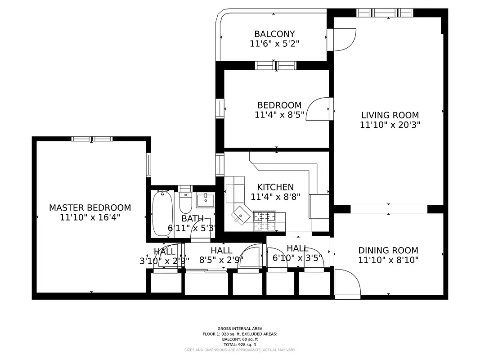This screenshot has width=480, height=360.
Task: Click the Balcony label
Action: pyautogui.click(x=274, y=34)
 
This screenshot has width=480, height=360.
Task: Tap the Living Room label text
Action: pyautogui.click(x=390, y=115)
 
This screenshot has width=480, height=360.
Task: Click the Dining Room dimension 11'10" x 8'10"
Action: pyautogui.click(x=388, y=260)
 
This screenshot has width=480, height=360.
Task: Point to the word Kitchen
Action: pyautogui.click(x=275, y=187)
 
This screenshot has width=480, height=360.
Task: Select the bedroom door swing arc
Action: pyautogui.click(x=318, y=109)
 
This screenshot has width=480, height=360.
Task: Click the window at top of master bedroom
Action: pyautogui.click(x=92, y=139)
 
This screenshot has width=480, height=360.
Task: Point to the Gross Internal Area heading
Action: pyautogui.click(x=240, y=328)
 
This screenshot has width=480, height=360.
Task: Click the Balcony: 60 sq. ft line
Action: pyautogui.click(x=240, y=339)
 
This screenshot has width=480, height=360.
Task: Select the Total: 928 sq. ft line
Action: pyautogui.click(x=240, y=345)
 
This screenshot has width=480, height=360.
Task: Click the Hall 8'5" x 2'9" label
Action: pyautogui.click(x=221, y=255)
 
